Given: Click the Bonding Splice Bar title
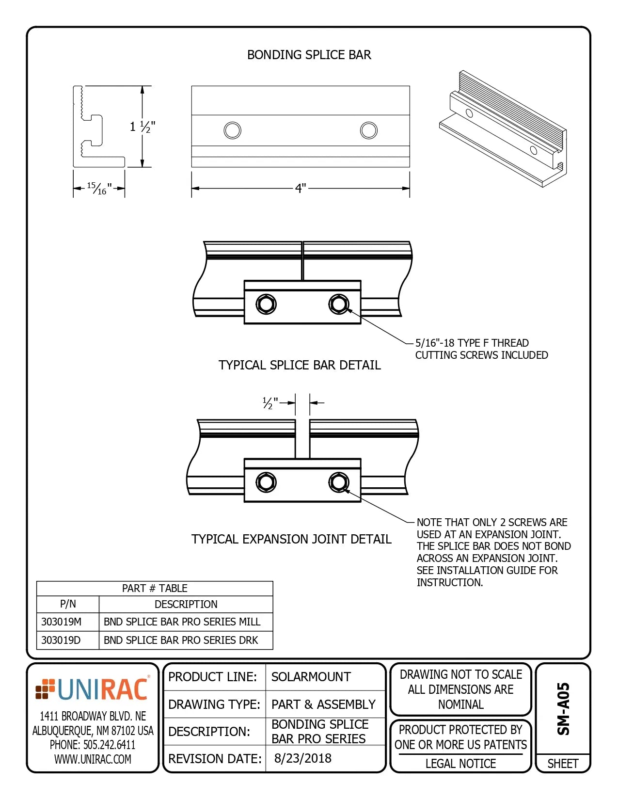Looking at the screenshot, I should coord(309,55).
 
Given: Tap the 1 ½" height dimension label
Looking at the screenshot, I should coord(142,127).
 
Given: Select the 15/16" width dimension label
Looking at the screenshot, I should coord(99,188).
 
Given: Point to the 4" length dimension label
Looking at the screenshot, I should coord(301,188).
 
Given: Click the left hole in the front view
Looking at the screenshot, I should coord(233,130).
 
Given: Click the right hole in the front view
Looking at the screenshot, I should coord(369,130).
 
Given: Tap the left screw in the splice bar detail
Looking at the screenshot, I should coord(266,304).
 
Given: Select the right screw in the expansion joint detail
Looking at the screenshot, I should coord(338,482).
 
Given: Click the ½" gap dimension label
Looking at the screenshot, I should coord(270,403).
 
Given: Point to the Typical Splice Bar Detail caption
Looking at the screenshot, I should coord(300,365).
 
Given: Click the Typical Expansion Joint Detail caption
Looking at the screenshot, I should coord(291,539).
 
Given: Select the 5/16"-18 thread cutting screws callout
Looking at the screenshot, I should coord(481,349).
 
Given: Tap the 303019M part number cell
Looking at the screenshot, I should coord(62,622).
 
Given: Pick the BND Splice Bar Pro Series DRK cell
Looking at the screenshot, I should coord(181,640).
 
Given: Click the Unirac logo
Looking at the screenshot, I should coord(93,689).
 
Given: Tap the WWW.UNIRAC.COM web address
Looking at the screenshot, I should coord(93,759).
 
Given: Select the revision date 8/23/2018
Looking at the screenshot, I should coord(303,758).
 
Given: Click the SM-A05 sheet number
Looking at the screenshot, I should coord(563,709).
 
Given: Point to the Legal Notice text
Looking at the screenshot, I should coord(460,764).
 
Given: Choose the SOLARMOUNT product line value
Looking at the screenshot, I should coord(311,677).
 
